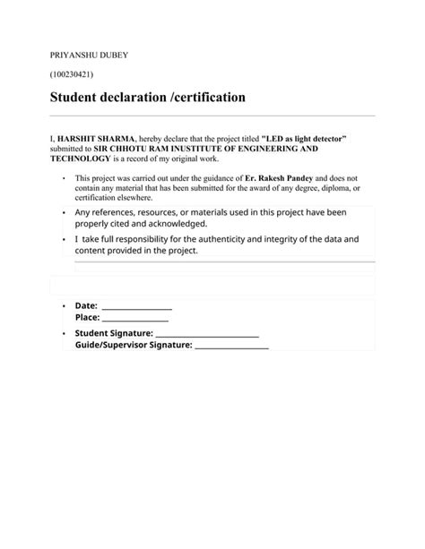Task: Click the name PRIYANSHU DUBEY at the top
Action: coord(89,56)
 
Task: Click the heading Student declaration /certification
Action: coord(147,96)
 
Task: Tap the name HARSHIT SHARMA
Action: coord(96,140)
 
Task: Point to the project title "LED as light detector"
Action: coord(303,140)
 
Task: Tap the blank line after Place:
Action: coord(135,318)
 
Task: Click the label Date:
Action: coord(86,306)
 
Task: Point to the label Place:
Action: coord(87,318)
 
